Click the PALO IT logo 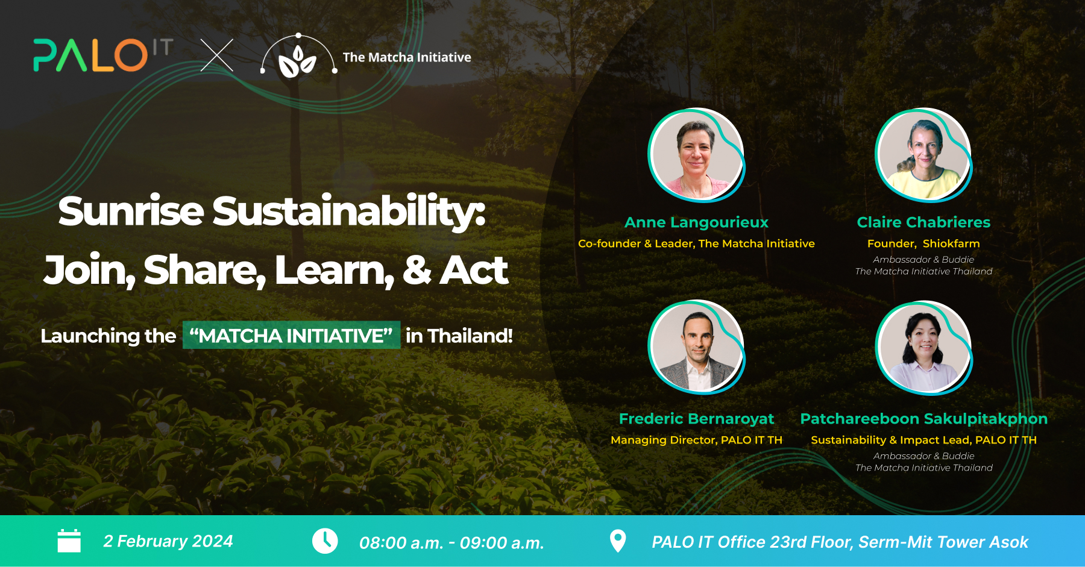click(103, 55)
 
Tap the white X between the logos click(217, 55)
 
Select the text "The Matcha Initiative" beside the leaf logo click(407, 57)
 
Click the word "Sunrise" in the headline click(131, 211)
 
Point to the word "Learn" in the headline click(335, 270)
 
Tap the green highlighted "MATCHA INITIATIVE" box click(291, 335)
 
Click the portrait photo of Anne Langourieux click(696, 155)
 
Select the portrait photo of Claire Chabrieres click(923, 155)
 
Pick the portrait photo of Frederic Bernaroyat click(696, 348)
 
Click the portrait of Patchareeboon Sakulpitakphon click(923, 348)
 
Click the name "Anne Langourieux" click(696, 222)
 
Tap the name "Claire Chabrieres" click(923, 222)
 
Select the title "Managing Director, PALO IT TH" click(696, 440)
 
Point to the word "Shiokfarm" click(951, 243)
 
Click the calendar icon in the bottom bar click(69, 540)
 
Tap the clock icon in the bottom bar click(325, 540)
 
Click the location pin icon click(618, 541)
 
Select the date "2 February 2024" click(168, 541)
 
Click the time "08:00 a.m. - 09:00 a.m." click(451, 543)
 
